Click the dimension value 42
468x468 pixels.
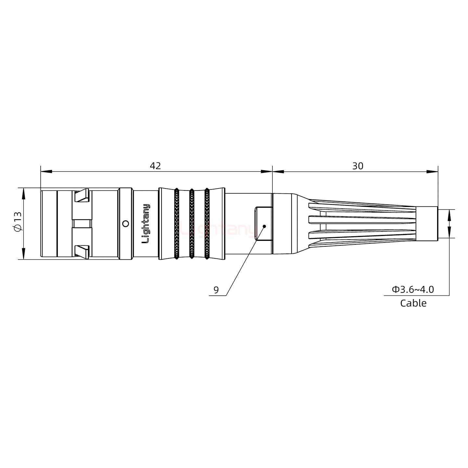coord(155,166)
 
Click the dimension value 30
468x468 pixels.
coord(357,166)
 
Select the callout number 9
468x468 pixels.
coord(216,290)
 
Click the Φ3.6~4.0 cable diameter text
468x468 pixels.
coord(413,289)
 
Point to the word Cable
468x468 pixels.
coord(413,303)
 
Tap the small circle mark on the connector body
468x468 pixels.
coord(125,224)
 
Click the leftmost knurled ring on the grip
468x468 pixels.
coord(176,224)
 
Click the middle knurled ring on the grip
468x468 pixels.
coord(192,224)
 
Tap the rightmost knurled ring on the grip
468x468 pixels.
coord(207,224)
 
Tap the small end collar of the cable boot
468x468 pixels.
coord(427,224)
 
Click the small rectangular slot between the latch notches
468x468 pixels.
coord(82,224)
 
